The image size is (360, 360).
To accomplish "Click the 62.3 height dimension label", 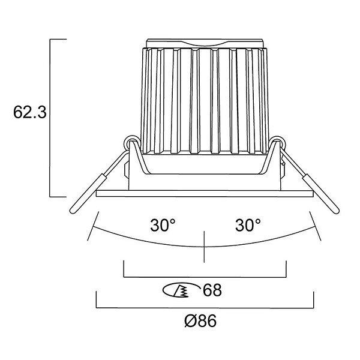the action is (30, 112).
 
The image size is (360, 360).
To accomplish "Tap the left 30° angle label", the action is (163, 225).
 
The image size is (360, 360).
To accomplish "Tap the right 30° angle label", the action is (248, 225).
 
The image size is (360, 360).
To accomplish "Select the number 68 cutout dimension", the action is (212, 290).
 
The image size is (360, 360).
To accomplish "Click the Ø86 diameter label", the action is (200, 321).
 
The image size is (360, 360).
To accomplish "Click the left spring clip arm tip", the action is (73, 211).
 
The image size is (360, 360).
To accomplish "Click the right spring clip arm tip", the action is (336, 211).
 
